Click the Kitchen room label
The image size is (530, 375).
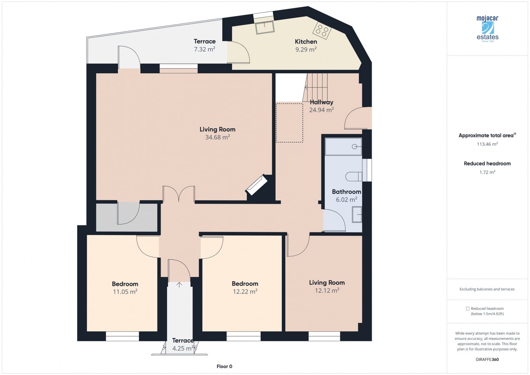click(x=306, y=42)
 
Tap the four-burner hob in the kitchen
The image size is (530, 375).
click(x=322, y=31)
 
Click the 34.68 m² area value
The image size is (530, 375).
click(x=217, y=137)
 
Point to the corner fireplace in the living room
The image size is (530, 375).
click(x=256, y=185)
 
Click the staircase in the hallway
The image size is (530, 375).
click(x=316, y=87)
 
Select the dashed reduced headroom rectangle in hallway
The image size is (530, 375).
click(x=290, y=123)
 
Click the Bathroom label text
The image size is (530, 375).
click(x=346, y=192)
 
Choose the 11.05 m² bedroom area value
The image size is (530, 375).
click(x=125, y=292)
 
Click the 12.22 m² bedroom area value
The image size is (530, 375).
click(x=245, y=291)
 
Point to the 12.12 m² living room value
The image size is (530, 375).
click(x=327, y=290)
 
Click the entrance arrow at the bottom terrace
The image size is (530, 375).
click(x=179, y=284)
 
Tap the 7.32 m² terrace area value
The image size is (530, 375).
click(x=204, y=49)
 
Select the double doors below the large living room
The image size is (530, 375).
click(x=179, y=194)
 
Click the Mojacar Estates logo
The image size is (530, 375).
click(x=487, y=29)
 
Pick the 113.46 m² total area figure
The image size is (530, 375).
click(x=487, y=144)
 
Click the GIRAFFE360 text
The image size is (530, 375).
click(x=487, y=359)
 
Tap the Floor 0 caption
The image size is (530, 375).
click(x=224, y=366)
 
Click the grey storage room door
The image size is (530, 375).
click(x=129, y=213)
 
